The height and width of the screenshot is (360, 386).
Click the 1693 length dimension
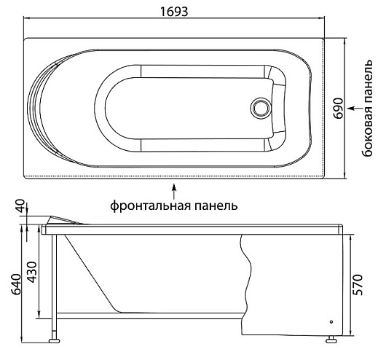click(174, 12)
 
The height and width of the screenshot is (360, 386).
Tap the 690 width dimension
click(339, 109)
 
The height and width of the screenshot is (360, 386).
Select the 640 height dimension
click(16, 284)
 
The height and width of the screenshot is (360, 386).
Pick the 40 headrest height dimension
click(21, 206)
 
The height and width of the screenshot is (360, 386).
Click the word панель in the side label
click(367, 83)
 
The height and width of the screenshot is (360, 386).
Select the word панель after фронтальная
click(216, 206)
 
